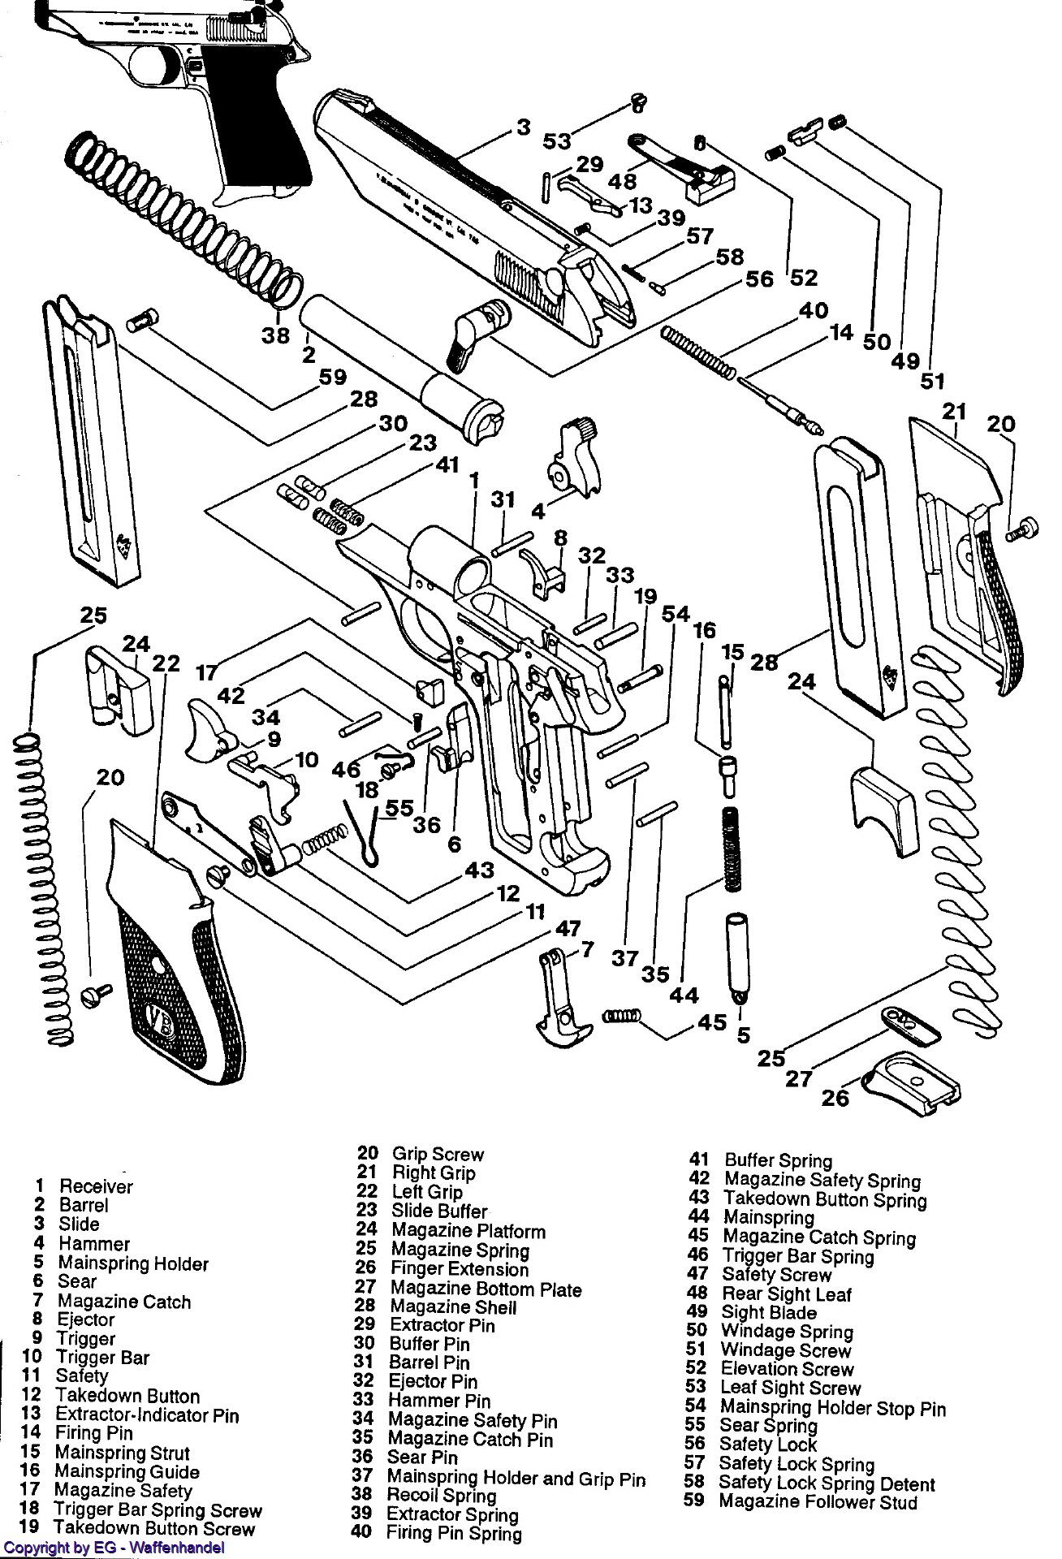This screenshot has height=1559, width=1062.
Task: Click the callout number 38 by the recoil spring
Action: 275,335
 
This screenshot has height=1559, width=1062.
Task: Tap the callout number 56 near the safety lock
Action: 760,279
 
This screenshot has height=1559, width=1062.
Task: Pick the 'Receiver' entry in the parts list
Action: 96,1186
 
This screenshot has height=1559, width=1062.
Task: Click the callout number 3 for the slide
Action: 523,127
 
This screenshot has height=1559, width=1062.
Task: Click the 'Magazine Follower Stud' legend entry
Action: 818,1501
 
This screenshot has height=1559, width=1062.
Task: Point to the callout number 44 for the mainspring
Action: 684,995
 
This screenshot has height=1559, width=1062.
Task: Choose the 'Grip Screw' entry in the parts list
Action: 437,1154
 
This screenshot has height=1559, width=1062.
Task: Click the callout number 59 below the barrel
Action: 332,377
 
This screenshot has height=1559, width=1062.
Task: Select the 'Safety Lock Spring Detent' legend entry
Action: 827,1483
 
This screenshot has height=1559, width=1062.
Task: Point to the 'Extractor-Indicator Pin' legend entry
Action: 146,1414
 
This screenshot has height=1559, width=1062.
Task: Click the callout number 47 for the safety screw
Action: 568,929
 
